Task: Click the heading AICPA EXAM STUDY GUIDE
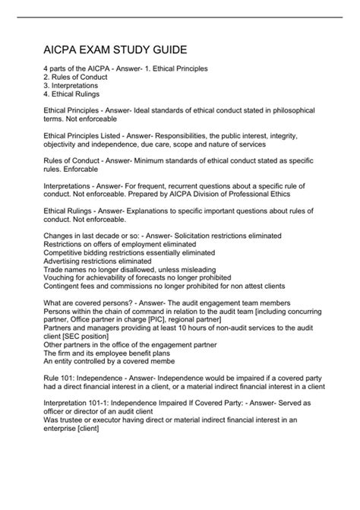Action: click(x=115, y=50)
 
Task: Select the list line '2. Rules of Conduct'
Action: click(x=77, y=78)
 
